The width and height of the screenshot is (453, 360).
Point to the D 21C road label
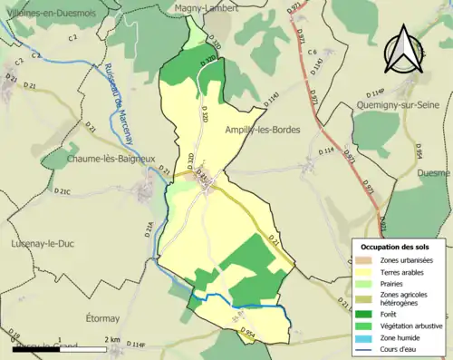click(x=62, y=192)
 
